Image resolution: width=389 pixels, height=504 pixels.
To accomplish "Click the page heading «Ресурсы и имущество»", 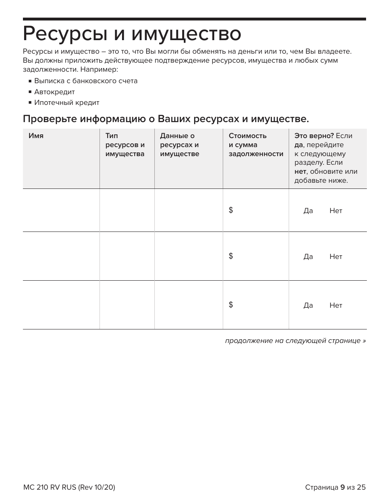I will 132,34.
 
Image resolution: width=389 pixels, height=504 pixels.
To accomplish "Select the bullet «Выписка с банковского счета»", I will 86,81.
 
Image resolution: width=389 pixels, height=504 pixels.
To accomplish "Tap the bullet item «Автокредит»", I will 54,92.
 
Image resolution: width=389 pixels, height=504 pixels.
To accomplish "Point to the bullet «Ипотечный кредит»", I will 66,103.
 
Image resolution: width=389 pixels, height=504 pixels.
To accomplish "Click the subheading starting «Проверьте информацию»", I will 166,119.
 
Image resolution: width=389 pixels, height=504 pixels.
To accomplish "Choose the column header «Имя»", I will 36,136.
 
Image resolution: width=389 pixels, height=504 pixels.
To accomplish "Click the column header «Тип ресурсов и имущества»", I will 125,145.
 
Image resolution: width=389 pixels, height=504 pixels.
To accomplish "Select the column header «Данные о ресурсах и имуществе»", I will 179,145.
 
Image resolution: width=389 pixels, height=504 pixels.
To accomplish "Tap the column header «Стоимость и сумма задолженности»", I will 256,145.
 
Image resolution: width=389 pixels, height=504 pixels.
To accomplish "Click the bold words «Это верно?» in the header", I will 314,136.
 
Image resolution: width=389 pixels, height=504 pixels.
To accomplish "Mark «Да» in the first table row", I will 308,211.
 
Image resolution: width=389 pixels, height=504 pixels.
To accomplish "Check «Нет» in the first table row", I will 336,211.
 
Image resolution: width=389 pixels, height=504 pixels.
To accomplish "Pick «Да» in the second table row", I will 308,257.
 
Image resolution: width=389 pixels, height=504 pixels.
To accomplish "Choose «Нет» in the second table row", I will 336,257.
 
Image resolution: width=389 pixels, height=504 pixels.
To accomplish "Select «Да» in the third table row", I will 308,306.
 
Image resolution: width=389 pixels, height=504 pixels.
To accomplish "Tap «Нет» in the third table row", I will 336,306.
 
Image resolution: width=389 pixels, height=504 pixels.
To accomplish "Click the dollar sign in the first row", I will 231,210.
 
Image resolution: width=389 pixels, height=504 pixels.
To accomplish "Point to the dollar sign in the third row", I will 231,305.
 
